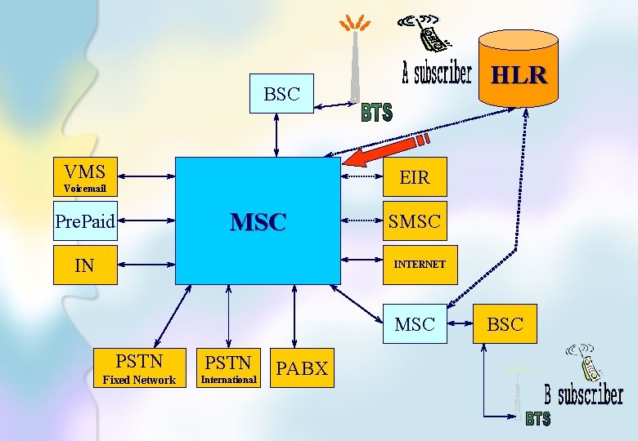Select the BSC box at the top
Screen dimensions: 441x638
coord(282,94)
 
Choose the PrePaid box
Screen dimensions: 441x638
coord(85,220)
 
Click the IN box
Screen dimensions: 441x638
coord(85,265)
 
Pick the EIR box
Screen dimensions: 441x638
coord(415,177)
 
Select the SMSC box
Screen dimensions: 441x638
coord(415,220)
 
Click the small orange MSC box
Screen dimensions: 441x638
coord(415,324)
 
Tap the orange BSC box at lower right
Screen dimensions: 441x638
coord(505,324)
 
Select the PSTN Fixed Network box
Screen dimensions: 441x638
coord(139,368)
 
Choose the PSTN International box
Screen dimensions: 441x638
coord(228,368)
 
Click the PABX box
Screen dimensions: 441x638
coord(302,368)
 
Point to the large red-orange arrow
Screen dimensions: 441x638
coord(384,152)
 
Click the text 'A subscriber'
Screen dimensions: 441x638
coord(437,73)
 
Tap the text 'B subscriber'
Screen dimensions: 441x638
coord(584,395)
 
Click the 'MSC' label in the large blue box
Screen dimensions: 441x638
coord(258,221)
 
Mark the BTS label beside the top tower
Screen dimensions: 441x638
coord(376,114)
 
